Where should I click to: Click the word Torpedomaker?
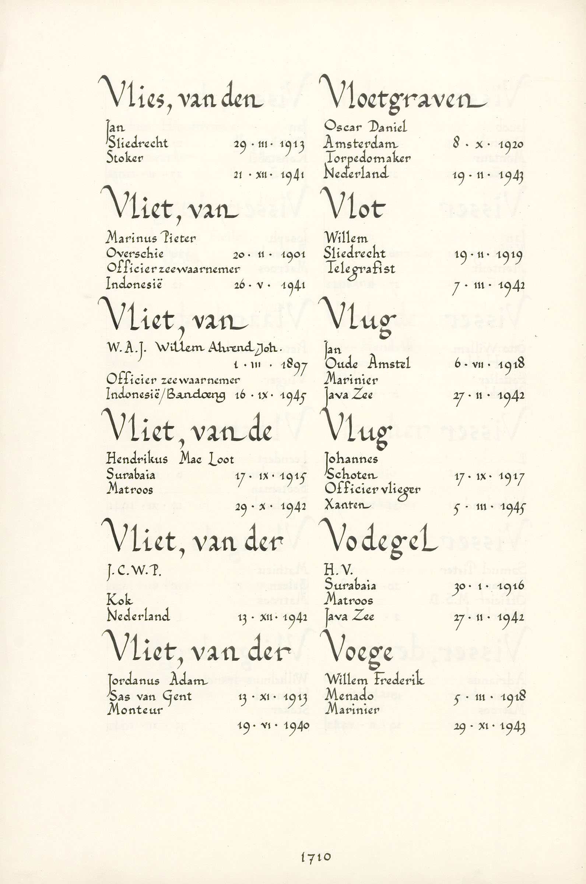point(368,158)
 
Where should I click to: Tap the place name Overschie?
point(135,253)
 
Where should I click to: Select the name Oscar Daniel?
point(365,127)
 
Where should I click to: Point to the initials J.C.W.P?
point(134,571)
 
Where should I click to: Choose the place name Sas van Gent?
point(150,696)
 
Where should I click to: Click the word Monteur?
point(135,710)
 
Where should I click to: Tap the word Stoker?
point(124,158)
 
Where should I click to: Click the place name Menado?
point(349,695)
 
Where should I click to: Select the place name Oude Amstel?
point(367,364)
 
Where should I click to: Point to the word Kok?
point(119,600)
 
